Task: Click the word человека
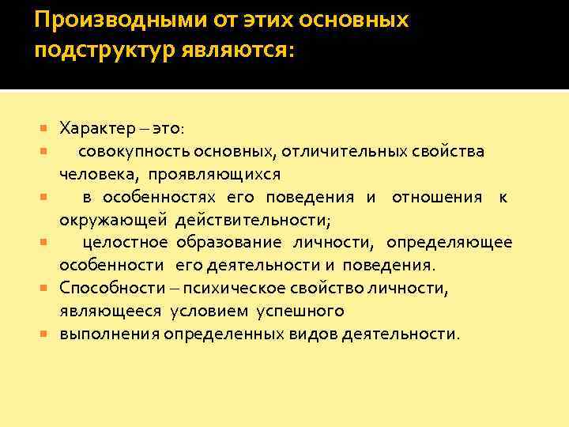[x=92, y=173]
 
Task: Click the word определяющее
[x=449, y=242]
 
